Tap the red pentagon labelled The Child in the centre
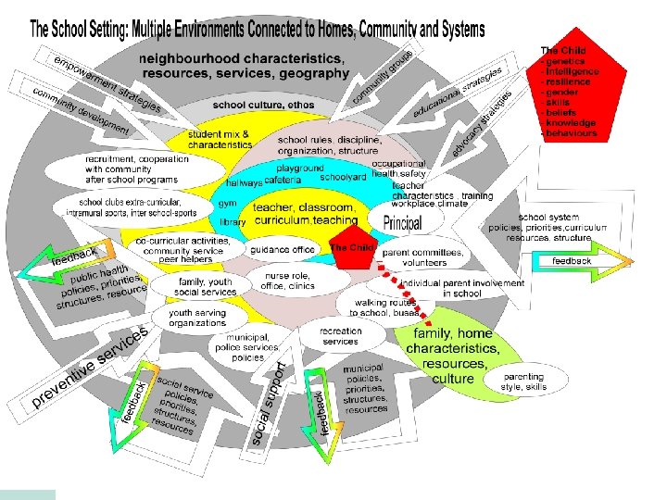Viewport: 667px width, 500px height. (354, 249)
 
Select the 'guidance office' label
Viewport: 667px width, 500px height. (283, 249)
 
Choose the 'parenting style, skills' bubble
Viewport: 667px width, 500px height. (524, 382)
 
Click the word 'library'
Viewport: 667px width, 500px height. (233, 222)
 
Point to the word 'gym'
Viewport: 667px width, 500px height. (228, 201)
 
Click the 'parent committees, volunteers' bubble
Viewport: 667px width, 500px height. (422, 256)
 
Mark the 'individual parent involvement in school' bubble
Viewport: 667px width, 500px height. (461, 287)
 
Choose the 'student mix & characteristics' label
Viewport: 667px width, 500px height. (220, 140)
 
